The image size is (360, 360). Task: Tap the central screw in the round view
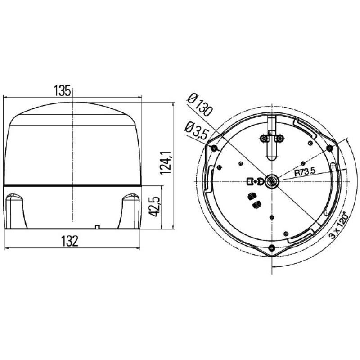(x=272, y=181)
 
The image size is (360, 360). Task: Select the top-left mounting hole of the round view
(x=214, y=148)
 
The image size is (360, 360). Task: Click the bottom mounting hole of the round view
(x=272, y=248)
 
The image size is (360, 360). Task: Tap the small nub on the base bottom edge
(x=97, y=227)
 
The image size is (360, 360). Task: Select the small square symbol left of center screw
(x=250, y=181)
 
